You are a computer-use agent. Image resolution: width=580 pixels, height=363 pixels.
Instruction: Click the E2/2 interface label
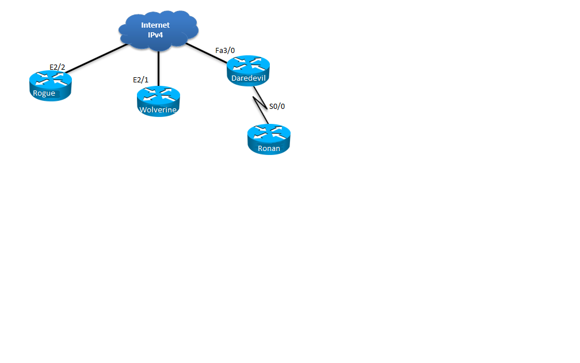point(58,67)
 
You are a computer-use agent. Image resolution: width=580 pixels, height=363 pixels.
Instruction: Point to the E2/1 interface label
point(140,80)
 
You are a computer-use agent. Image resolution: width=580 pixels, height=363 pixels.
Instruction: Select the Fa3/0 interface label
point(225,51)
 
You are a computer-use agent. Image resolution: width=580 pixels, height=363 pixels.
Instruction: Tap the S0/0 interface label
point(277,106)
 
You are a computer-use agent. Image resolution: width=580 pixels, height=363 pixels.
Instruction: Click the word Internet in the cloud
point(155,25)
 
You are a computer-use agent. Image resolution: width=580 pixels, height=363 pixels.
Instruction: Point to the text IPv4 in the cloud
point(155,35)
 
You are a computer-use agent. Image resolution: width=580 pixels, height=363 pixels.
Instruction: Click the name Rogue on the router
point(44,93)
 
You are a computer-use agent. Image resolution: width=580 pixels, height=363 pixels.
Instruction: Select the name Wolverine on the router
point(158,109)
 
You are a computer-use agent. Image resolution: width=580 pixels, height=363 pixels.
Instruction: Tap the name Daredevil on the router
point(248,78)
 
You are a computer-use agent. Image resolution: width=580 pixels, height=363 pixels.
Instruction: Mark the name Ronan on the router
point(269,148)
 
